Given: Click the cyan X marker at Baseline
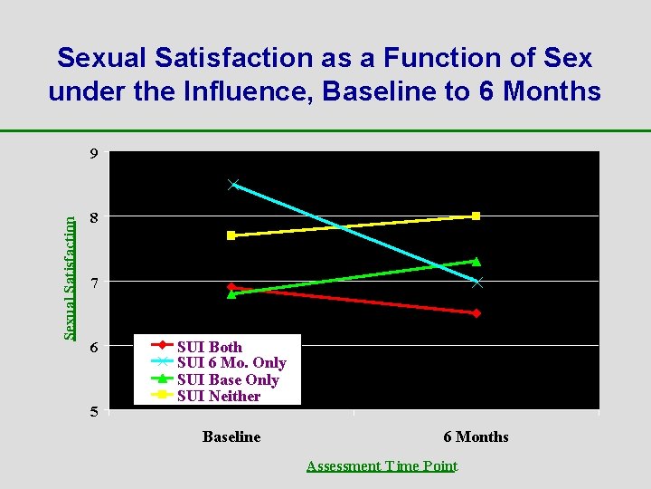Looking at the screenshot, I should (232, 184).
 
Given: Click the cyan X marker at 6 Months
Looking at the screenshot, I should (476, 283).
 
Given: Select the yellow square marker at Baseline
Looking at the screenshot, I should (231, 235).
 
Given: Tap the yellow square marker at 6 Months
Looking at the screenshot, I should (476, 216).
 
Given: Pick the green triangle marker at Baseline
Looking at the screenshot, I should (231, 293).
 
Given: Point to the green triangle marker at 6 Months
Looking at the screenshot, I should (476, 262).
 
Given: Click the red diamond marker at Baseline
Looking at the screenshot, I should (231, 287).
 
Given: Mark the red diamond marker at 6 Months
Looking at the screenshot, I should (476, 313).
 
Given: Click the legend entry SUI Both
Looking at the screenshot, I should (209, 346).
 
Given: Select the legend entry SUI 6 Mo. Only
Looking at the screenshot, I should (231, 362).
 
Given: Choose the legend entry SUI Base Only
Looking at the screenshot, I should (227, 379).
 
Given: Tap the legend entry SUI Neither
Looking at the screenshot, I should (218, 396).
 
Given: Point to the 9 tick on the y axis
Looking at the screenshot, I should (93, 153).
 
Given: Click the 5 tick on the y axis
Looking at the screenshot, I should (93, 412).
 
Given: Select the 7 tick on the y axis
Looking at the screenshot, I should (93, 283).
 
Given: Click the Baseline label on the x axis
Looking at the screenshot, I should (231, 436).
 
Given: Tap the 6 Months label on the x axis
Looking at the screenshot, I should (476, 436).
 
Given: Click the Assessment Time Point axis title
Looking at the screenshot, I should (382, 466).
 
